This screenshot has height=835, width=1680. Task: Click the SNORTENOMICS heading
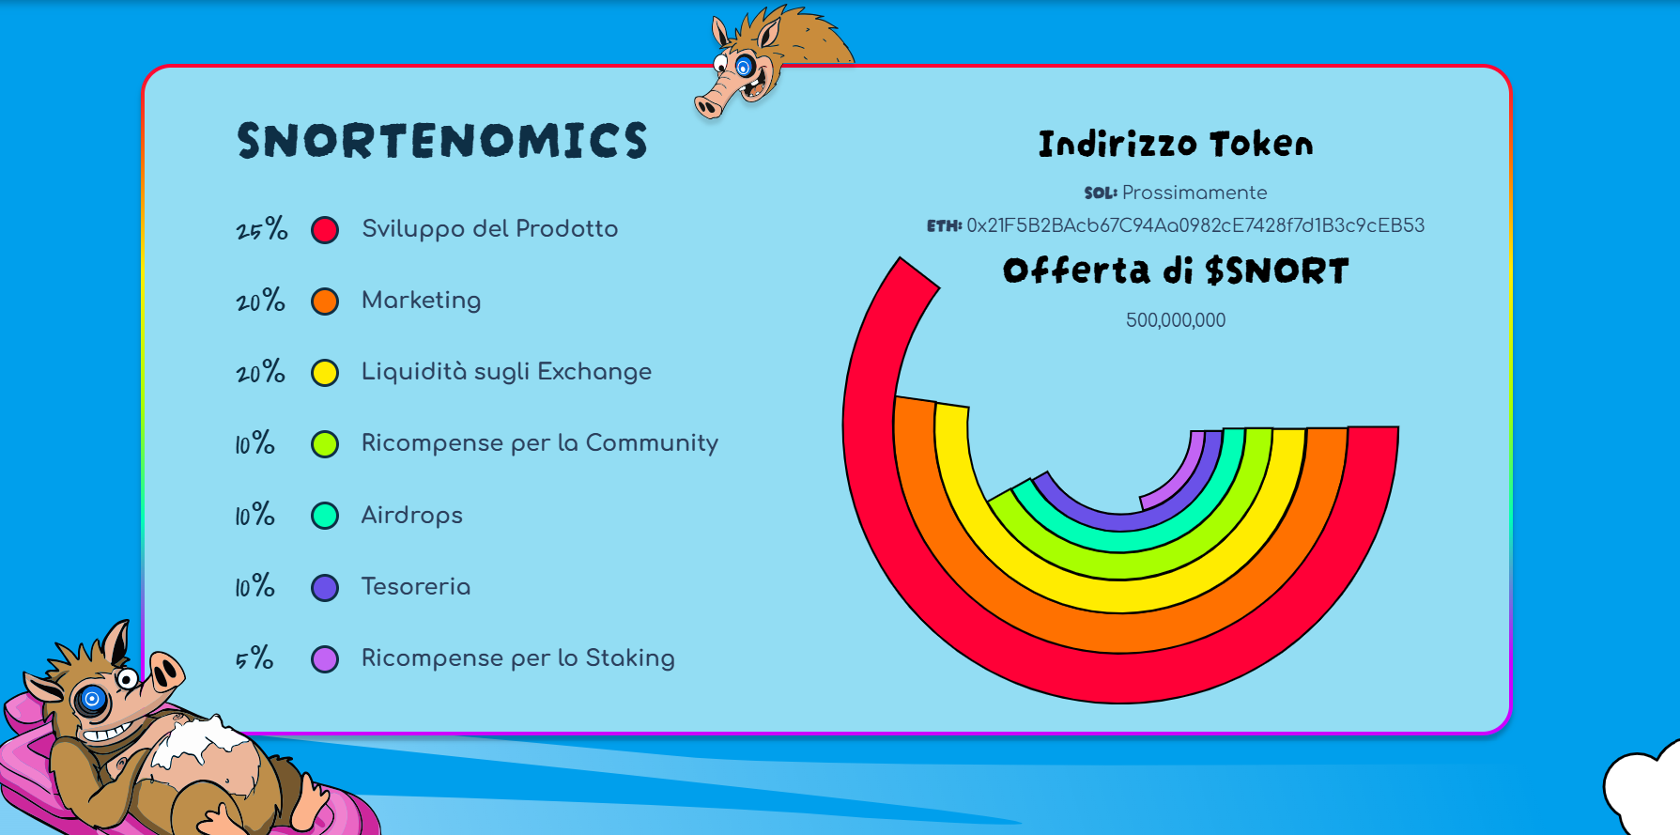click(x=442, y=141)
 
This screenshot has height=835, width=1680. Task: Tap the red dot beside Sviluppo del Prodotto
click(x=325, y=230)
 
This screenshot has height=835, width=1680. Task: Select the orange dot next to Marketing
click(x=325, y=302)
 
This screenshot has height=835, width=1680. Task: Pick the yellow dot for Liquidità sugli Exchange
click(x=325, y=373)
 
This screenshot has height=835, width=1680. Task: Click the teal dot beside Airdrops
click(x=325, y=516)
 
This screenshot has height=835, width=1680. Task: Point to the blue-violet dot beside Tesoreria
click(x=325, y=588)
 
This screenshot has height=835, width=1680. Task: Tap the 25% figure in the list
click(x=262, y=228)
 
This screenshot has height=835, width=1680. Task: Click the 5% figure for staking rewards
click(x=254, y=657)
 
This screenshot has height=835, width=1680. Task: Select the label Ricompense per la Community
click(x=540, y=442)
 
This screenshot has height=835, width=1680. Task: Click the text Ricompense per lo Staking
click(x=518, y=657)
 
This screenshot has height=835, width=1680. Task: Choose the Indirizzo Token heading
click(x=1176, y=144)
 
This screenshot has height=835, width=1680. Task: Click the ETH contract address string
click(x=1195, y=225)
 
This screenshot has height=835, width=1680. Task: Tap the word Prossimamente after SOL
click(x=1194, y=193)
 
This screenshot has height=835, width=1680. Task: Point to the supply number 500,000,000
click(x=1176, y=320)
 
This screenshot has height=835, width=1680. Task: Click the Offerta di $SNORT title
click(x=1176, y=271)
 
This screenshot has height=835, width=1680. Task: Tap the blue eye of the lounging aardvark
click(x=92, y=699)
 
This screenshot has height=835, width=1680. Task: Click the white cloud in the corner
click(x=1643, y=789)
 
